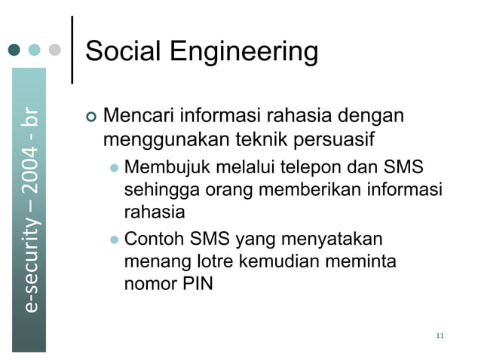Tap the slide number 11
(x=440, y=335)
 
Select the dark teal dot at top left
(x=14, y=51)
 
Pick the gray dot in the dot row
(x=54, y=51)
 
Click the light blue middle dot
(x=35, y=51)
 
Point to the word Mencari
(x=134, y=117)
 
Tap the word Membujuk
(x=161, y=166)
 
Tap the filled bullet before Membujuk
(x=114, y=167)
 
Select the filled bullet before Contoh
(x=114, y=240)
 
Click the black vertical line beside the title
(x=72, y=49)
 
